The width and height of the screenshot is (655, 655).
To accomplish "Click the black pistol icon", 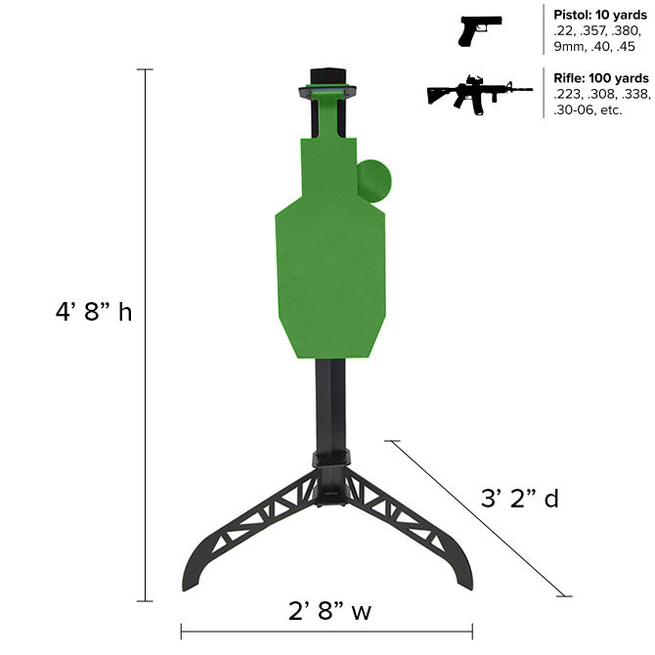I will click(x=479, y=30).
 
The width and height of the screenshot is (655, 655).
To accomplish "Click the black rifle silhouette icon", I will click(x=478, y=95).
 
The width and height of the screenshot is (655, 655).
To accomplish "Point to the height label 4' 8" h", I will click(x=94, y=313).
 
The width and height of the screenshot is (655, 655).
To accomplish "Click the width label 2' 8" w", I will click(x=329, y=612).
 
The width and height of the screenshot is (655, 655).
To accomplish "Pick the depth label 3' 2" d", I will click(x=520, y=499).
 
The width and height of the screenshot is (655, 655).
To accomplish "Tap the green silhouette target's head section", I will click(x=327, y=166).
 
